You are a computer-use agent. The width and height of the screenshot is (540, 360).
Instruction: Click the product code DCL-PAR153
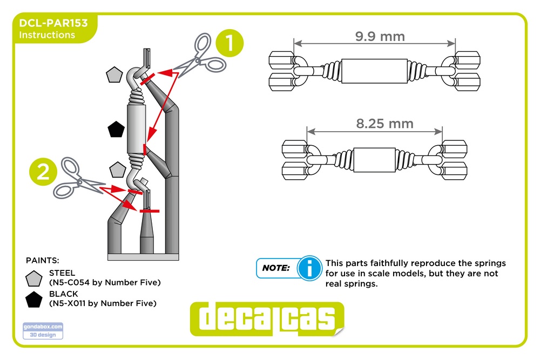pyautogui.click(x=53, y=23)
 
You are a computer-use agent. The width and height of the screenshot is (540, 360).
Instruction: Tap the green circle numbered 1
pyautogui.click(x=230, y=43)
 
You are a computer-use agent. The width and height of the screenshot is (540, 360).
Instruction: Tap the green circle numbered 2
pyautogui.click(x=43, y=172)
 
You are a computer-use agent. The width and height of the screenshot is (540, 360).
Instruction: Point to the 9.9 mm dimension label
pyautogui.click(x=380, y=36)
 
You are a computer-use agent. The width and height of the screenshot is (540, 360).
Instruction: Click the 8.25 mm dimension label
pyautogui.click(x=384, y=124)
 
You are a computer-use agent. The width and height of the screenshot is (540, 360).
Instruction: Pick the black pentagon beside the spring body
pyautogui.click(x=116, y=130)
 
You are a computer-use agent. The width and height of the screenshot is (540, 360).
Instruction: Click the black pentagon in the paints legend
pyautogui.click(x=33, y=300)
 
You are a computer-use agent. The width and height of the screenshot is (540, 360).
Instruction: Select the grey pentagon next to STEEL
pyautogui.click(x=33, y=279)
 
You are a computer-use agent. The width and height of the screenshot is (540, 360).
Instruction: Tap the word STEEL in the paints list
pyautogui.click(x=62, y=273)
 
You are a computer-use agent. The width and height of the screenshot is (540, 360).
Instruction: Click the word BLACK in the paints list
pyautogui.click(x=63, y=294)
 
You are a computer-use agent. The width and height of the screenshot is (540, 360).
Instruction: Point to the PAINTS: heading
pyautogui.click(x=42, y=261)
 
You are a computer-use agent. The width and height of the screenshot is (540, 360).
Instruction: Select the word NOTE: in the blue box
pyautogui.click(x=276, y=268)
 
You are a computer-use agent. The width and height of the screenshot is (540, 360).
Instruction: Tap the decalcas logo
pyautogui.click(x=267, y=319)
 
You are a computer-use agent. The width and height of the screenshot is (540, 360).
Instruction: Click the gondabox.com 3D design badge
pyautogui.click(x=43, y=331)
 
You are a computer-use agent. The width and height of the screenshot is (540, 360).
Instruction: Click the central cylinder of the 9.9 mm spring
pyautogui.click(x=374, y=71)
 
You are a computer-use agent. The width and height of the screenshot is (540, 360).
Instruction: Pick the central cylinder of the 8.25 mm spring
pyautogui.click(x=374, y=160)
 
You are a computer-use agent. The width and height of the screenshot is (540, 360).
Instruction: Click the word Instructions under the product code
pyautogui.click(x=47, y=35)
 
